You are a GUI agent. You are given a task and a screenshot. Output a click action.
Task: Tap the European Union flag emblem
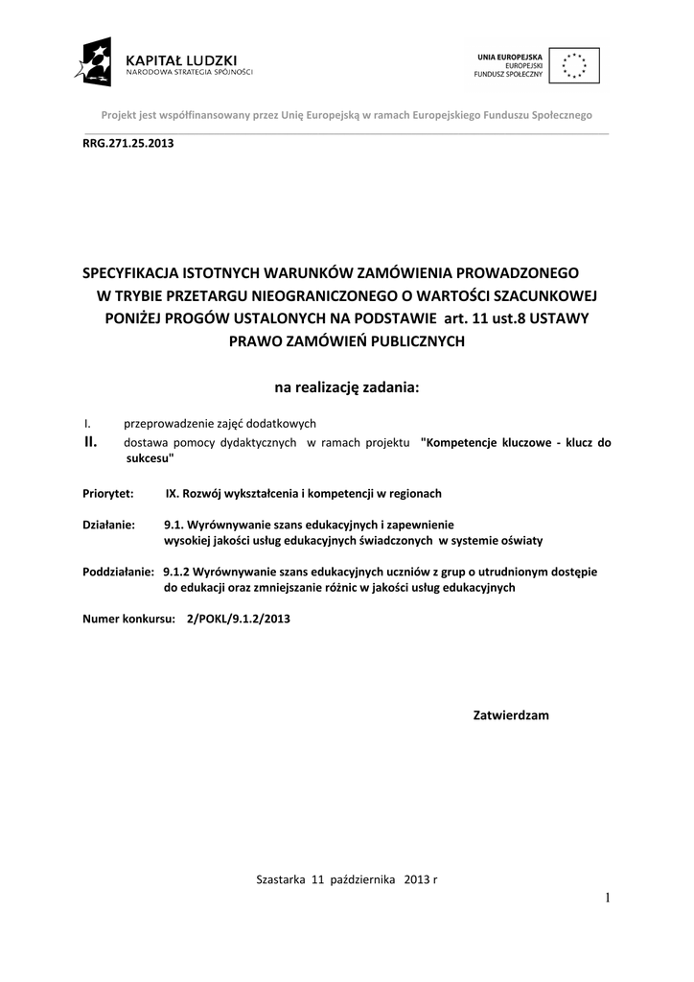575,64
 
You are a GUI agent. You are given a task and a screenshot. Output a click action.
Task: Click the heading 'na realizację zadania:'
347,387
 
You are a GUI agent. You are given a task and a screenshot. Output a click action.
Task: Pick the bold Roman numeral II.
92,442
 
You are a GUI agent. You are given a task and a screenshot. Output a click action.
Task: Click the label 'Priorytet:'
110,493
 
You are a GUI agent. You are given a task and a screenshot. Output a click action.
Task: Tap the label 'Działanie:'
109,526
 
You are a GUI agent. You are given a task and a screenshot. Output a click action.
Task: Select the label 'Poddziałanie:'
119,571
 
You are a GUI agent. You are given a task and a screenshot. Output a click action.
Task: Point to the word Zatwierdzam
512,715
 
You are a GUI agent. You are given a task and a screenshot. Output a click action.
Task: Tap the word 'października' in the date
362,879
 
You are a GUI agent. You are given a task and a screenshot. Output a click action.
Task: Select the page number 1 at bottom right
607,898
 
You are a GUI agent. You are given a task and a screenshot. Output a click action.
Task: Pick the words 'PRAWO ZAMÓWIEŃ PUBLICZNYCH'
346,340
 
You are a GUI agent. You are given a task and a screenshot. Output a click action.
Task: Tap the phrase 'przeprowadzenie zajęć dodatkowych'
220,423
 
